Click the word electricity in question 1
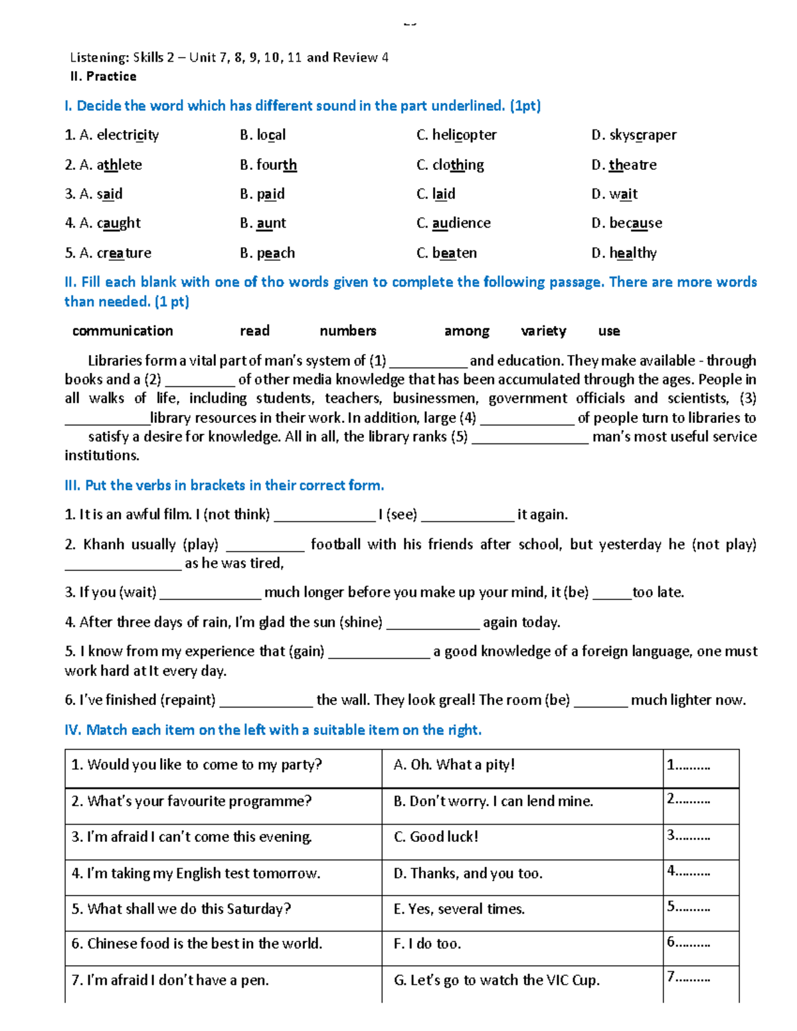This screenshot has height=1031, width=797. pos(128,135)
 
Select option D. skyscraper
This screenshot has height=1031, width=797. pos(634,135)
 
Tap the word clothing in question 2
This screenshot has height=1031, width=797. pos(458,165)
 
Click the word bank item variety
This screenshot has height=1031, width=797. pos(543,331)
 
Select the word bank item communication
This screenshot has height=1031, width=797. pos(122,331)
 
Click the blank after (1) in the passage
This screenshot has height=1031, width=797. pos(428,362)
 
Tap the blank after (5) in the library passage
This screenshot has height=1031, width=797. pos(529,437)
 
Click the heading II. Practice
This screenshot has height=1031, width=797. pos(103,76)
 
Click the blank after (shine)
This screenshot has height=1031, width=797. pos(432,623)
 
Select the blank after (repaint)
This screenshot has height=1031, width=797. pos(266,700)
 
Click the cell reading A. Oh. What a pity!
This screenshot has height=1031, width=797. pos(454,765)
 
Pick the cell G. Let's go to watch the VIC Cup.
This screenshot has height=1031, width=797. pos(496,980)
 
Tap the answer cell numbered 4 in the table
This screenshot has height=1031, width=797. pos(688,871)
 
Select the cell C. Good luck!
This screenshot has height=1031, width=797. pos(436,836)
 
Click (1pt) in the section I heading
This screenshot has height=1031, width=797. pos(525,106)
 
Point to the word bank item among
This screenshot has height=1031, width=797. pos(466,331)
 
